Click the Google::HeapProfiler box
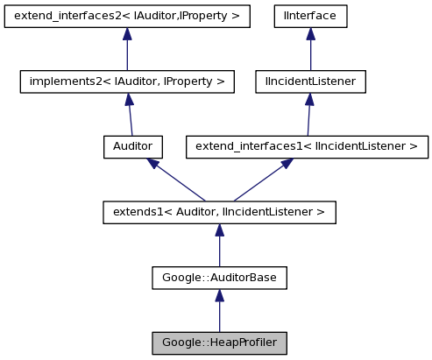[219, 342]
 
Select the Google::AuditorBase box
[219, 278]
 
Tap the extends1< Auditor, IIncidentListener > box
[219, 212]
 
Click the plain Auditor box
[133, 146]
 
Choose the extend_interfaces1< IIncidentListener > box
[307, 146]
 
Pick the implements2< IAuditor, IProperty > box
[127, 81]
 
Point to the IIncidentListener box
[309, 81]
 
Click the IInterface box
[309, 16]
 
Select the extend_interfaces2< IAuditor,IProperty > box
[127, 16]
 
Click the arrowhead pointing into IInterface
[309, 34]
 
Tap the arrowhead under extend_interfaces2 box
[127, 34]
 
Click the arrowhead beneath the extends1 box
[219, 230]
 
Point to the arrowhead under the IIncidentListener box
[309, 100]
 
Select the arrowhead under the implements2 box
[128, 100]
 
